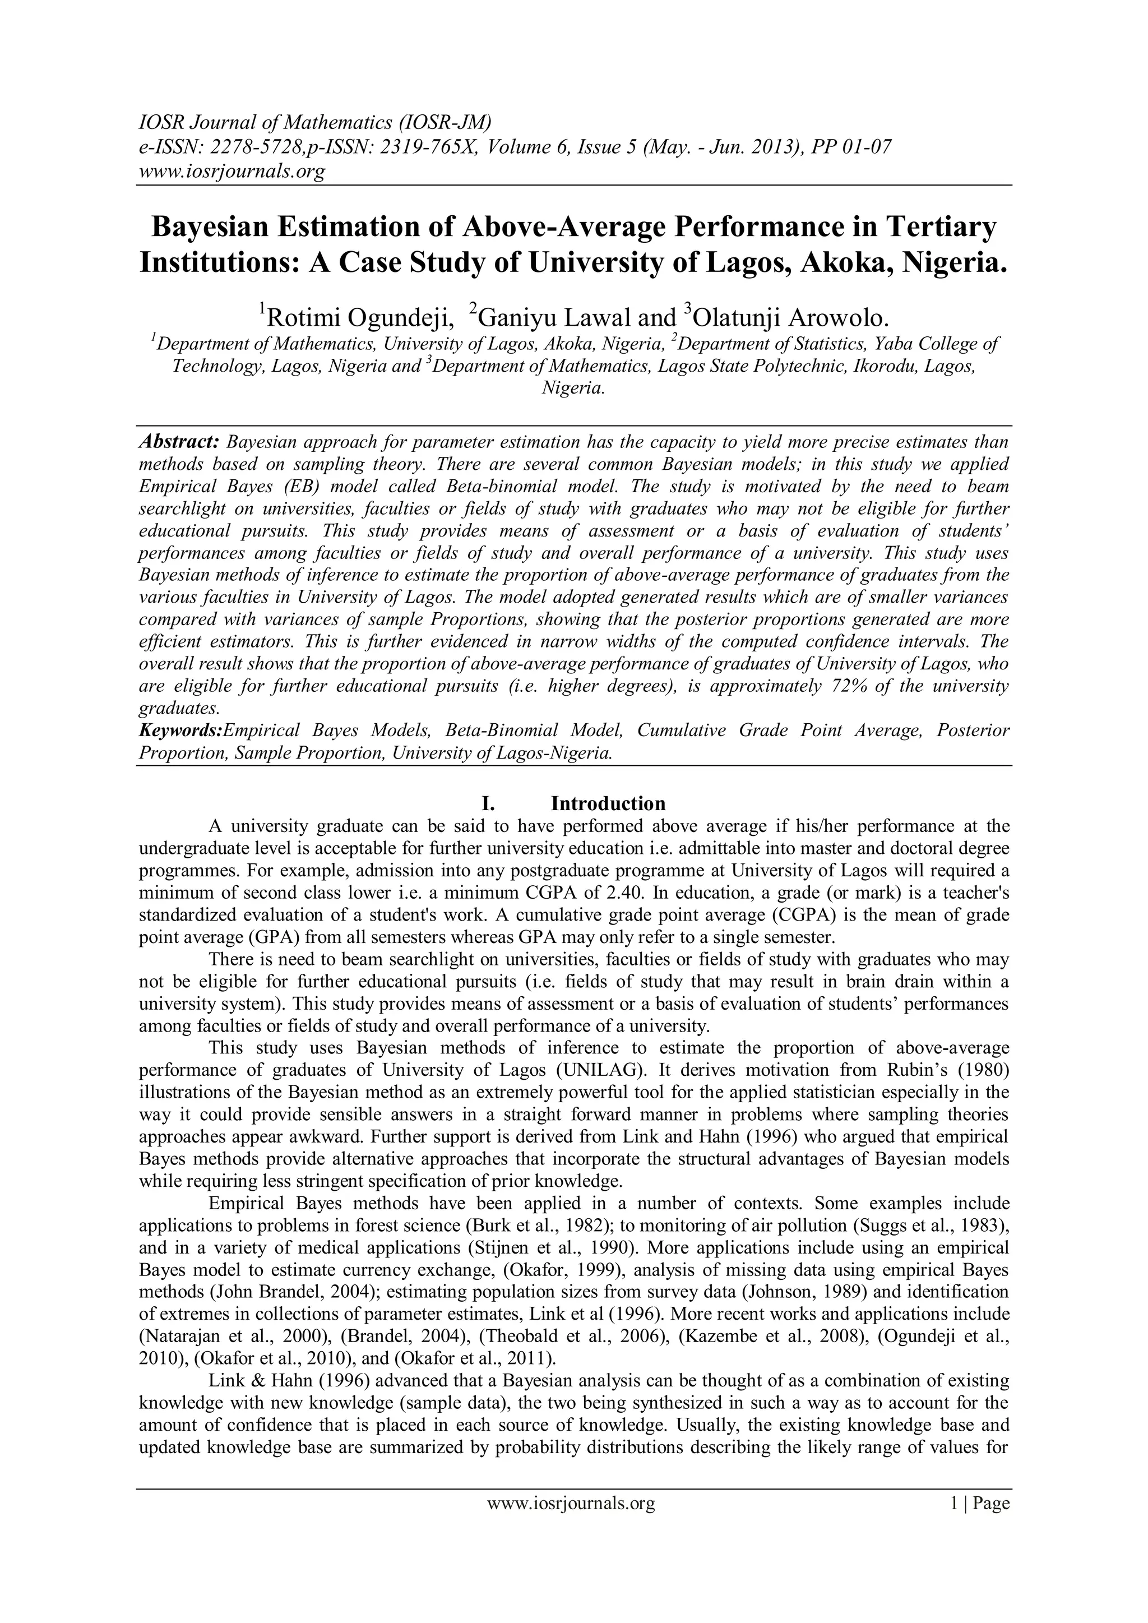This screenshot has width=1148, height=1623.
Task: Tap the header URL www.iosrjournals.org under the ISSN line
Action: tap(230, 171)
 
